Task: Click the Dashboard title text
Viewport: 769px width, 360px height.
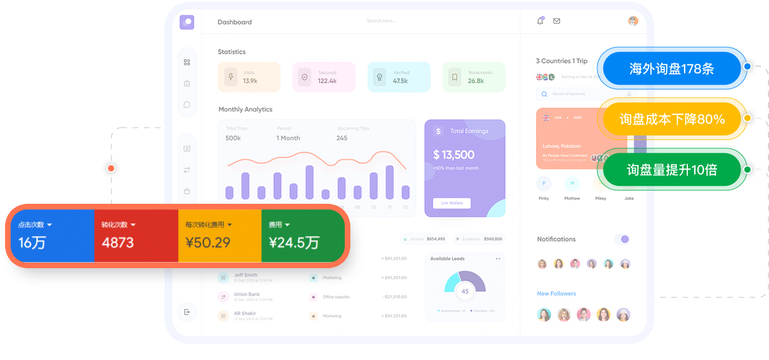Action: tap(235, 22)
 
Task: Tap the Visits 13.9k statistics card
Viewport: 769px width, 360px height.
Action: tap(248, 77)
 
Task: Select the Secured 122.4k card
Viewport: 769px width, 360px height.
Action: tap(323, 77)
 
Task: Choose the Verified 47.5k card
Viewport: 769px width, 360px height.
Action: tap(398, 77)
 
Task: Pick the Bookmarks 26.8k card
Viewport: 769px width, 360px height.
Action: tap(473, 77)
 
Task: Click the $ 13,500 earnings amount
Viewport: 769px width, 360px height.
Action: tap(453, 155)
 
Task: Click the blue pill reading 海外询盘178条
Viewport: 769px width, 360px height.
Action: tap(672, 69)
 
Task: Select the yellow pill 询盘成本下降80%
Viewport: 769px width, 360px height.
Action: tap(672, 119)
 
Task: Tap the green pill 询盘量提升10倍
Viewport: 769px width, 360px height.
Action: tap(672, 170)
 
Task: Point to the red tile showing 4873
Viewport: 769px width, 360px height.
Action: tap(136, 236)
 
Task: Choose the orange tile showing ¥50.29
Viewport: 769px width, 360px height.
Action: tap(219, 236)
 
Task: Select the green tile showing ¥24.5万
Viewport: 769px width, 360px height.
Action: tap(302, 236)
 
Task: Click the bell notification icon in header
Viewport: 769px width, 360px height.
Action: tap(540, 21)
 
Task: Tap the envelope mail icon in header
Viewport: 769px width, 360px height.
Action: tap(556, 21)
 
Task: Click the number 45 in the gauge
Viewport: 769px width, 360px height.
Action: tap(465, 291)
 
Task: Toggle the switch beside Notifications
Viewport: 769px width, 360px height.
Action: tap(622, 239)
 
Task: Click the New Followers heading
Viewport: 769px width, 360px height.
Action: tap(556, 293)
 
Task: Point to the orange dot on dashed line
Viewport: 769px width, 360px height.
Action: tap(111, 168)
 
